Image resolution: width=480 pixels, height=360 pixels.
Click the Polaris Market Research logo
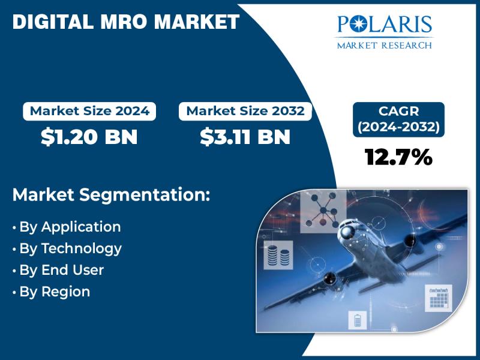[x=384, y=31]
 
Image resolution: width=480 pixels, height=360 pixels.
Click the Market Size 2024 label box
[x=89, y=111]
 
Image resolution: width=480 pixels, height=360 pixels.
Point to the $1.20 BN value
[x=89, y=137]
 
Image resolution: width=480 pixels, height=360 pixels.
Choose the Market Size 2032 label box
[x=245, y=111]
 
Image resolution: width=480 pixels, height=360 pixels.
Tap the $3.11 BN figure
[x=245, y=137]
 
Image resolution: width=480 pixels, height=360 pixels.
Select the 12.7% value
[x=398, y=157]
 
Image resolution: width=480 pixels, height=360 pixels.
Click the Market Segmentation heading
[x=111, y=195]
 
